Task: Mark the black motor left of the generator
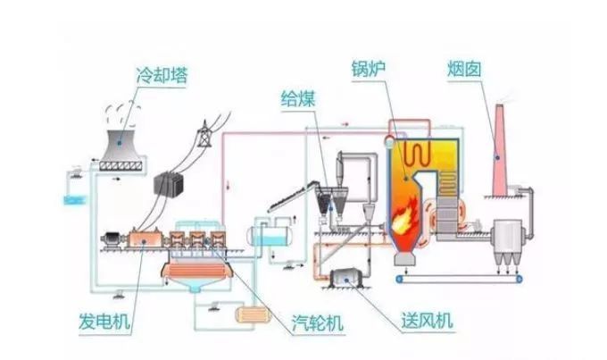pyautogui.click(x=112, y=239)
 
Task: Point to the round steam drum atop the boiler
pyautogui.click(x=391, y=139)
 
